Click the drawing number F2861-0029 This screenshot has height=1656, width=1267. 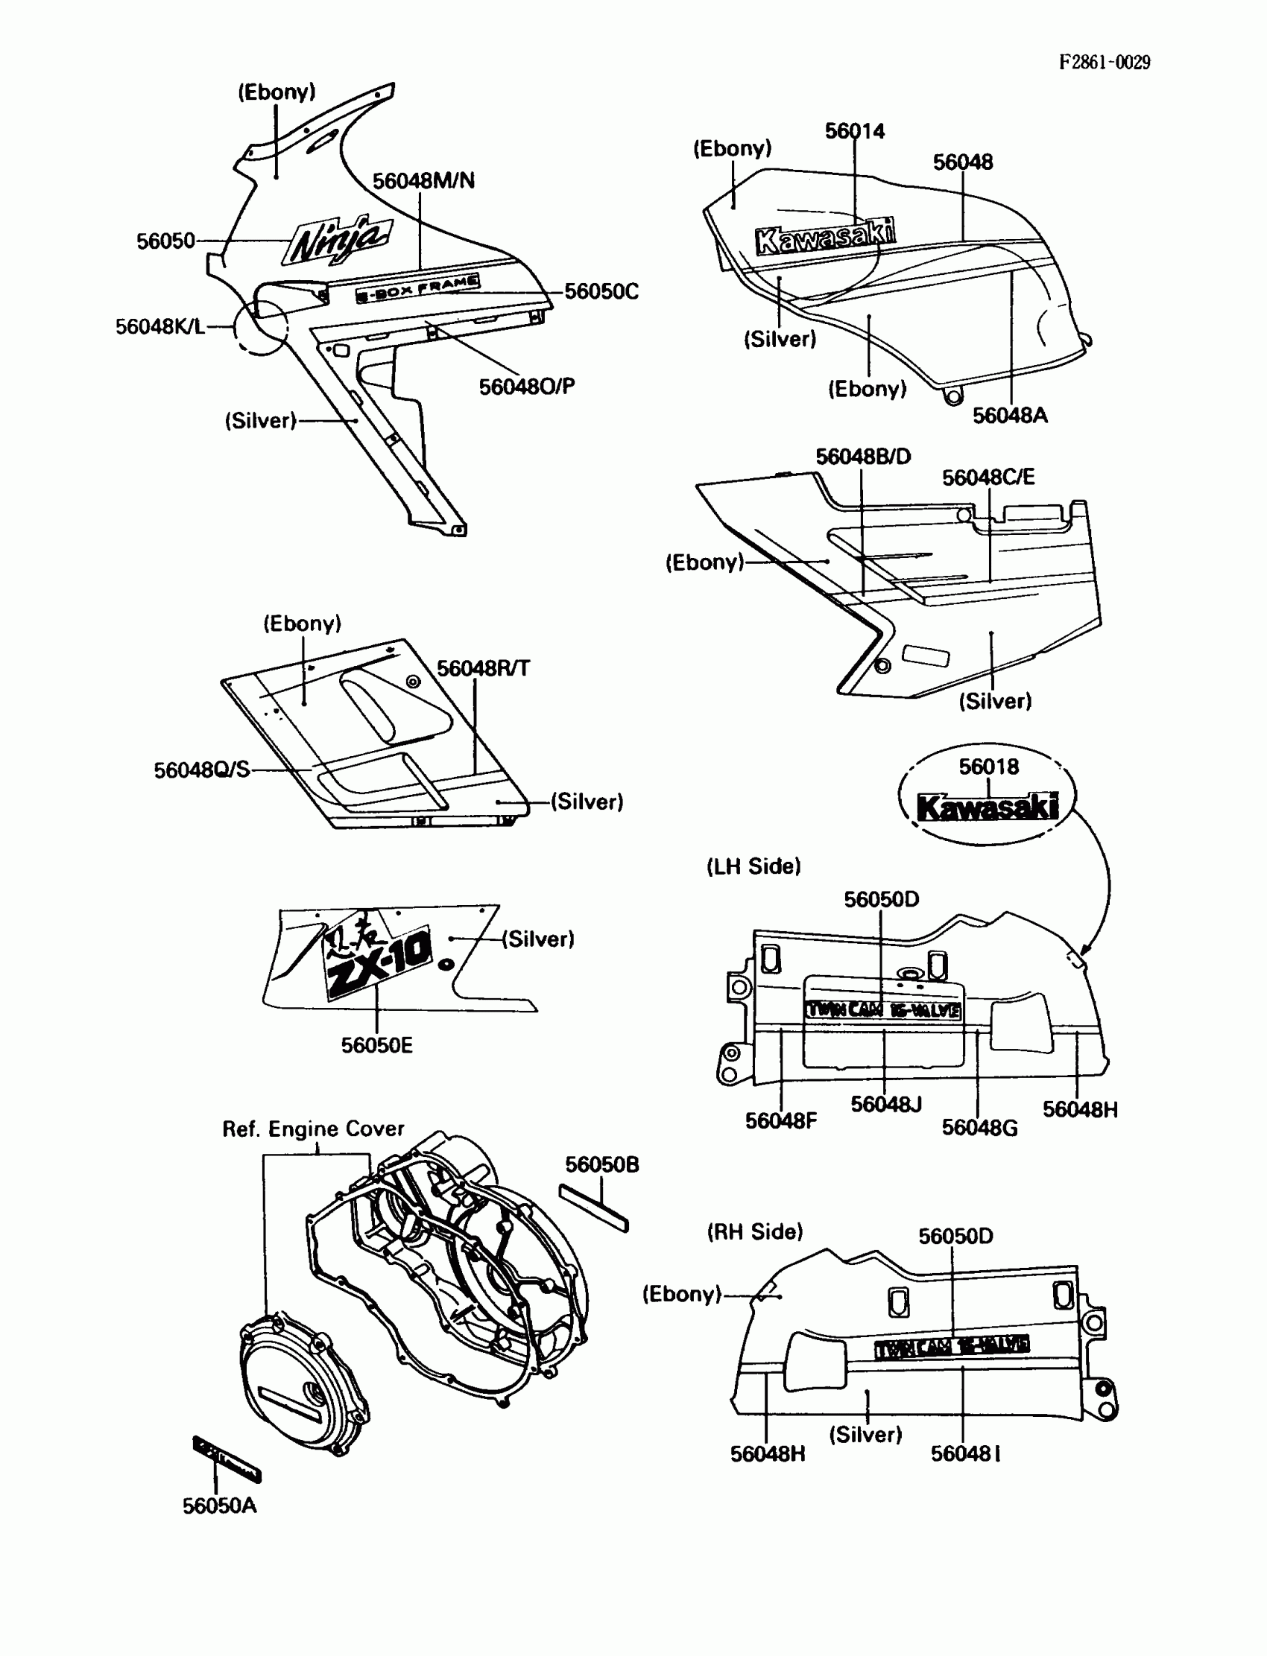click(x=1104, y=63)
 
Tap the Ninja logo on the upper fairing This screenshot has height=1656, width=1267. click(x=337, y=240)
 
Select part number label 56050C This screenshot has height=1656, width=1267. click(x=601, y=292)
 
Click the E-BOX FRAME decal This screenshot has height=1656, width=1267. click(x=418, y=289)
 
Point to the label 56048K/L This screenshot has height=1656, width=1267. click(x=160, y=326)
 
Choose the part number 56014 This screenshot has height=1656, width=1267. click(x=854, y=131)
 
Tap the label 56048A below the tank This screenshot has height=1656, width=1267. click(x=1010, y=416)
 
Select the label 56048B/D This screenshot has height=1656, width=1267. click(x=863, y=457)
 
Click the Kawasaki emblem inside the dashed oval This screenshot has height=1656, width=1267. click(x=988, y=808)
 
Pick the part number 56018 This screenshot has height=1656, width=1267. click(x=988, y=767)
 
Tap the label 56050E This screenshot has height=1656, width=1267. click(x=376, y=1045)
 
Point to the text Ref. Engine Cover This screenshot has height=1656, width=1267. click(x=313, y=1129)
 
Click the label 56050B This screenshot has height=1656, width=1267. click(x=602, y=1164)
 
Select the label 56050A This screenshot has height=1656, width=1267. click(x=219, y=1506)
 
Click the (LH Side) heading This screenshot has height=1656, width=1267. click(x=753, y=866)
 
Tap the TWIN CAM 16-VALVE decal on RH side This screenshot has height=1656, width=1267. click(x=952, y=1347)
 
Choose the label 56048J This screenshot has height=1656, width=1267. click(x=886, y=1104)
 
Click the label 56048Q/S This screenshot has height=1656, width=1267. click(x=201, y=770)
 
